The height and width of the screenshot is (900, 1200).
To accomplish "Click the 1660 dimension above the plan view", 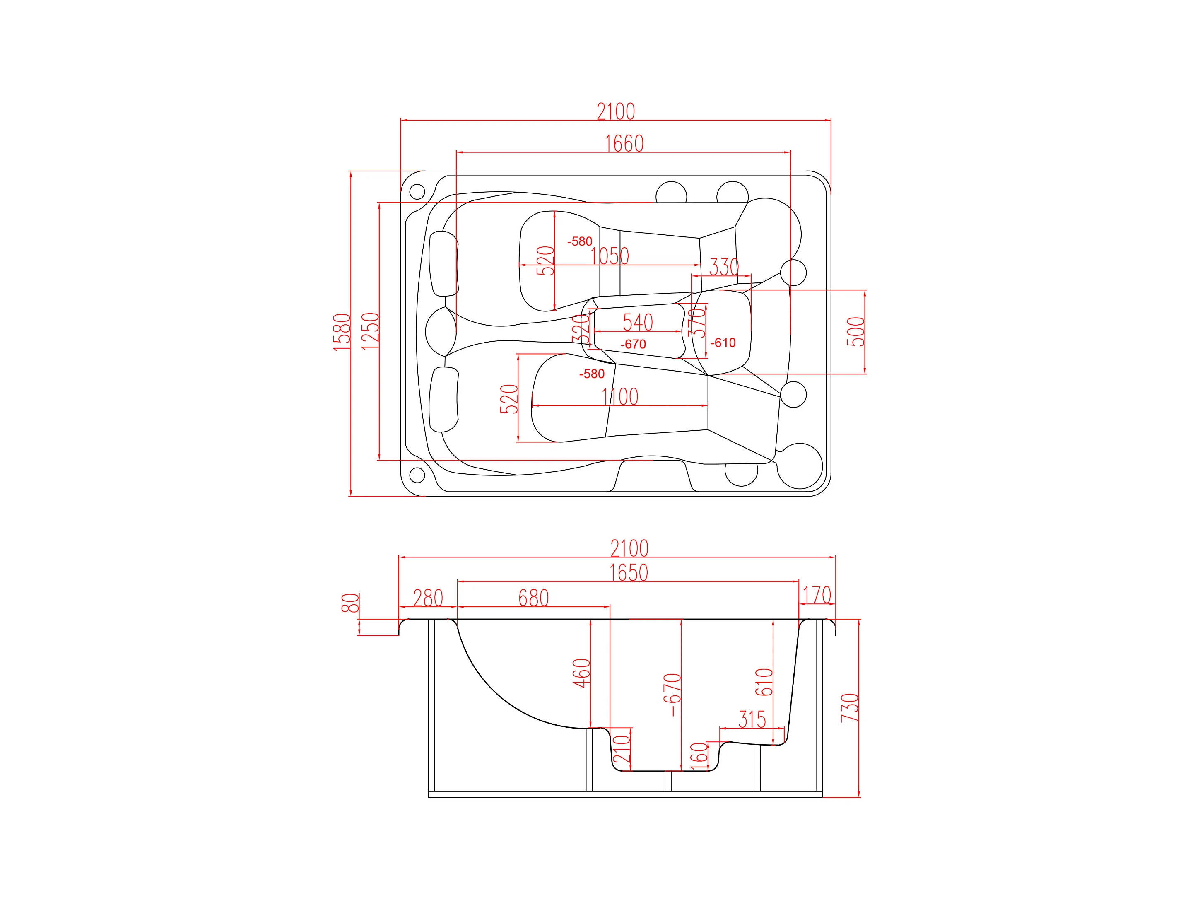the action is [x=624, y=144].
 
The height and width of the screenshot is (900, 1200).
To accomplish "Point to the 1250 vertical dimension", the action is [x=370, y=331].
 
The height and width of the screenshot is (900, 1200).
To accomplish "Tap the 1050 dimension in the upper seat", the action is [x=610, y=256].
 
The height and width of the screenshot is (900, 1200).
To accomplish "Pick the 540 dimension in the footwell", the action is [x=638, y=322].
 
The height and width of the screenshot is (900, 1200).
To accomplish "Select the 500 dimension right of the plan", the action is [x=855, y=332].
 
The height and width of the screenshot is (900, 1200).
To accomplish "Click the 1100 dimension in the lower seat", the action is [x=620, y=396].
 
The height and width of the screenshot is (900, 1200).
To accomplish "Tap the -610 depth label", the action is [x=723, y=343].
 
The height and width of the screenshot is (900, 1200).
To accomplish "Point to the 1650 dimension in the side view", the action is [x=629, y=573].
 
